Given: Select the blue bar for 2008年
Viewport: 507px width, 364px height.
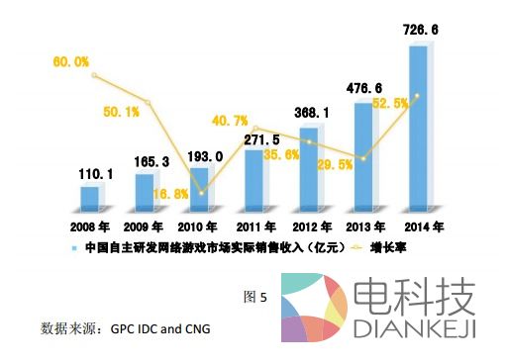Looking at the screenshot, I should [x=90, y=199].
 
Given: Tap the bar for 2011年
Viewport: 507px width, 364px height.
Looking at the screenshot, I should [x=254, y=181].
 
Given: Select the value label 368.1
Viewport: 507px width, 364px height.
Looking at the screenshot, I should [x=311, y=113].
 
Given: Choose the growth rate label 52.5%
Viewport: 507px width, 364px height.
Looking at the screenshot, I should [x=388, y=102].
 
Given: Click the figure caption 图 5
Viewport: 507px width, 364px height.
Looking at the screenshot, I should [x=255, y=296].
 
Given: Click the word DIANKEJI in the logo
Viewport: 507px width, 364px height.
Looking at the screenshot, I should [x=416, y=325].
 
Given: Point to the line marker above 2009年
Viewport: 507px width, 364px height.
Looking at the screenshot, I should [x=147, y=102].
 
